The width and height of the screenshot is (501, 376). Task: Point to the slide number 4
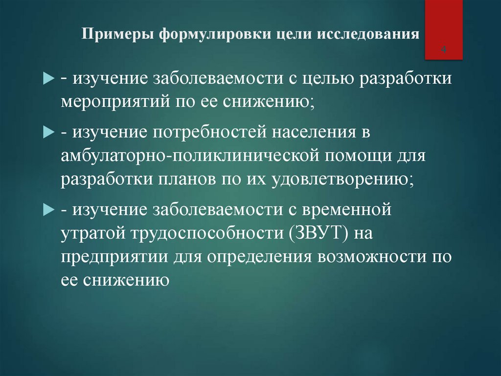(x=444, y=50)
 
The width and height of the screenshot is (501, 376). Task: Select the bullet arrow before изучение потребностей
(x=50, y=133)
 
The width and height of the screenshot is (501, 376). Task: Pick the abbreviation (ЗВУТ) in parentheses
(x=316, y=234)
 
